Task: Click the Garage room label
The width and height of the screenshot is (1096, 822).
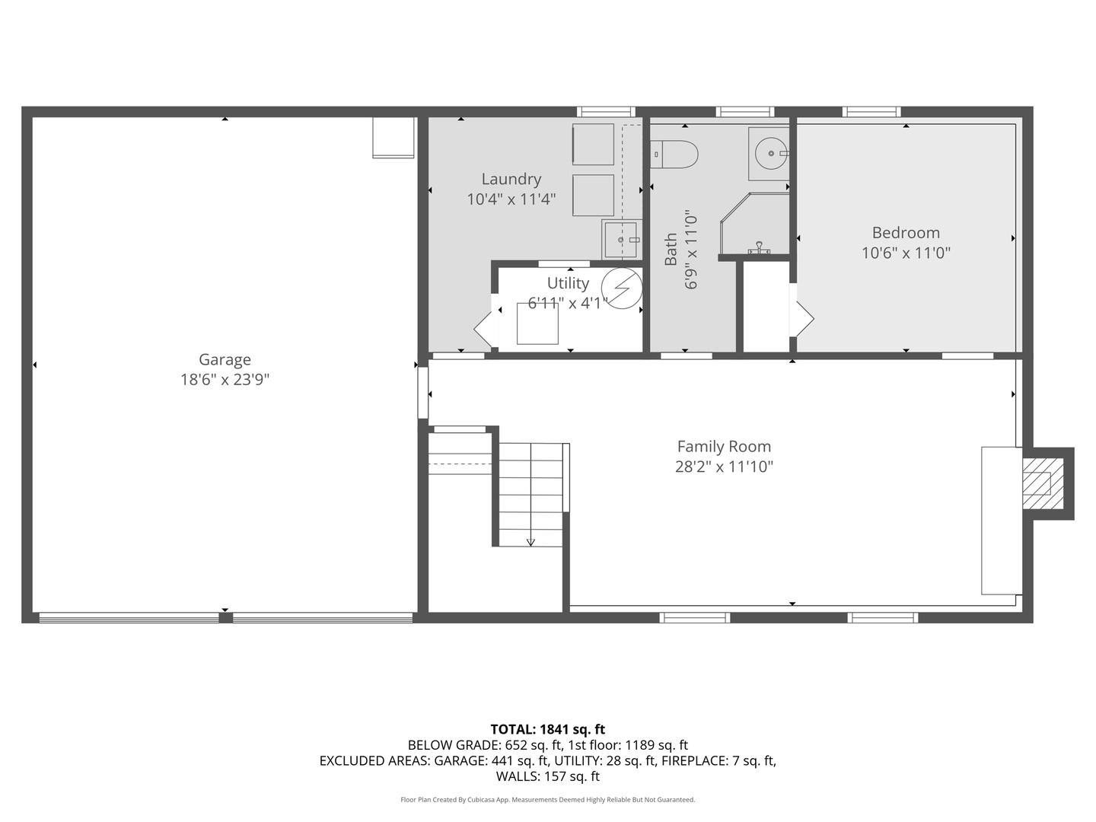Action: click(225, 360)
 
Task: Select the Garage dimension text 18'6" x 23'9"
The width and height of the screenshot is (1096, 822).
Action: click(225, 380)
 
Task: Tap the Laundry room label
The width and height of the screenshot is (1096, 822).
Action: click(511, 179)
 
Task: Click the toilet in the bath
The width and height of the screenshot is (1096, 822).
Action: click(675, 155)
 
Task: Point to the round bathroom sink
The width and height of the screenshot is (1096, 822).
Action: click(771, 154)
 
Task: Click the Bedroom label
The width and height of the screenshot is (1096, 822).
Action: click(906, 233)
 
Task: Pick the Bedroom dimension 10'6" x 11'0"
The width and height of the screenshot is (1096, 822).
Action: click(906, 253)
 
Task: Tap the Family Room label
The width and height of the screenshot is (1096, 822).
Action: click(724, 447)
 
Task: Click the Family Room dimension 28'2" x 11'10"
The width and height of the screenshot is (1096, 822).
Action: click(724, 467)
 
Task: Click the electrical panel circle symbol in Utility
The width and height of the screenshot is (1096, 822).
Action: click(621, 289)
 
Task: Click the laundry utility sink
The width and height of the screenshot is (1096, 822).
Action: click(621, 239)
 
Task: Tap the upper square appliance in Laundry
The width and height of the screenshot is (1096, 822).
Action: click(593, 145)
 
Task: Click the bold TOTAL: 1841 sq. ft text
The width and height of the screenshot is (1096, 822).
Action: click(547, 729)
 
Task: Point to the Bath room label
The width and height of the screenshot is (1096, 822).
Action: click(671, 250)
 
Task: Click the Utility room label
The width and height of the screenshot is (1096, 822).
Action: click(568, 283)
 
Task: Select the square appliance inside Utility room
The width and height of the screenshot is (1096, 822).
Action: click(537, 323)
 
